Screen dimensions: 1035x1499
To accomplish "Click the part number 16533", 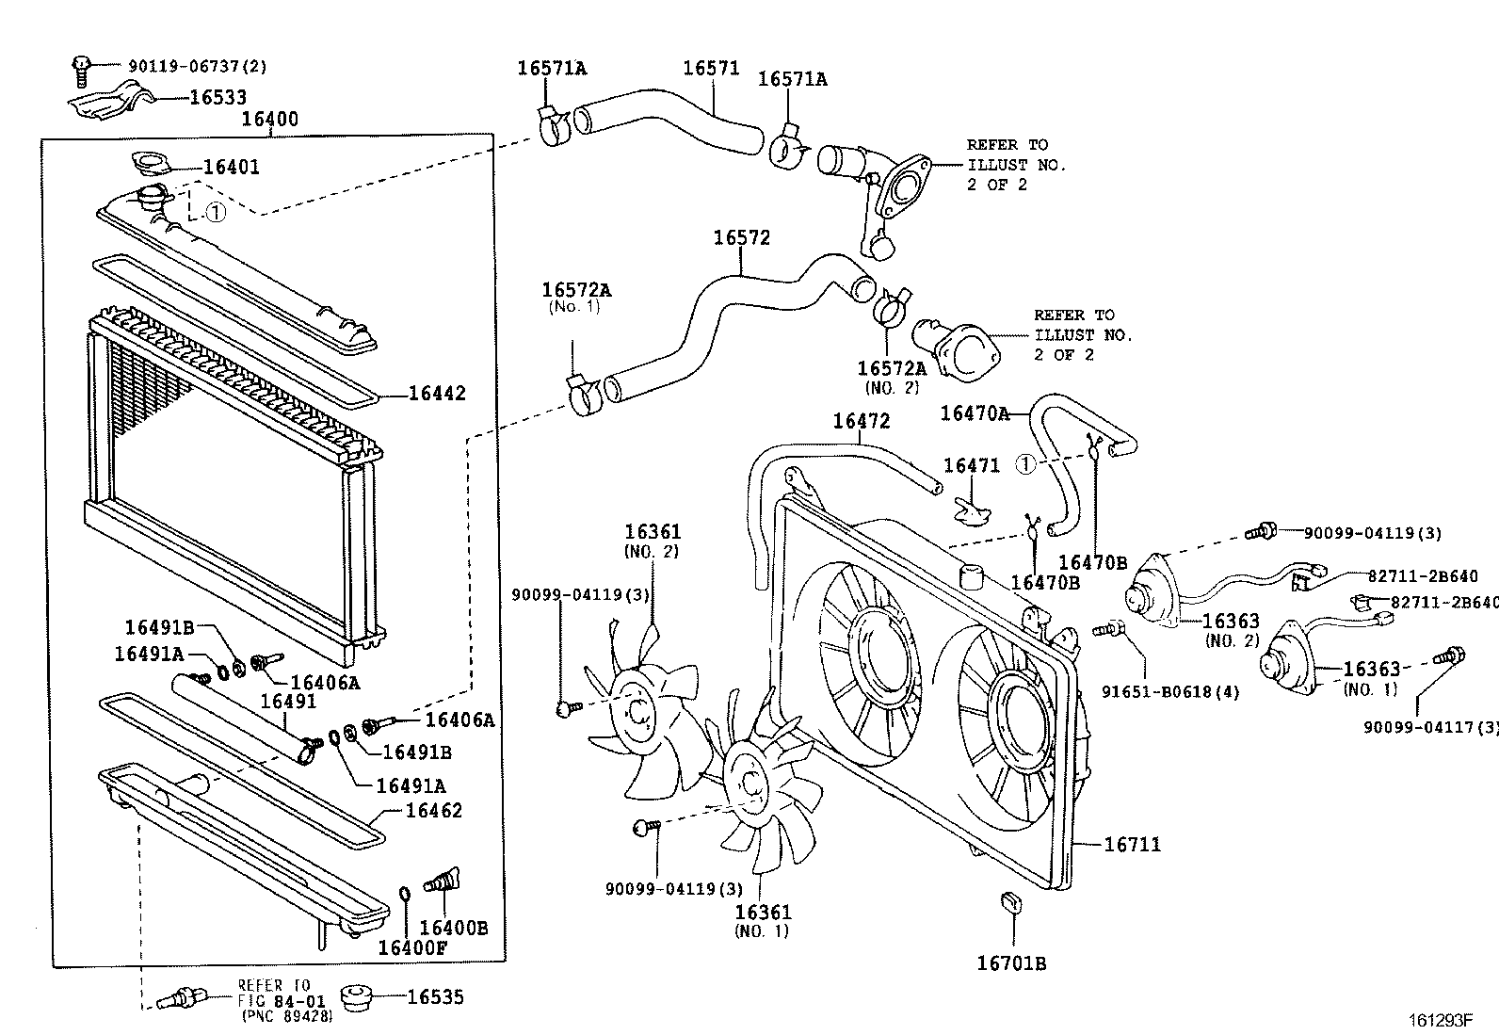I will [x=218, y=97].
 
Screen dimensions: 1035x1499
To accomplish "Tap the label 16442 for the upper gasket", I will [x=437, y=394].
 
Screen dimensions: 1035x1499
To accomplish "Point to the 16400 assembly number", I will [x=269, y=120].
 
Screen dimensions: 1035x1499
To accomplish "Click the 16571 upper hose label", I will [x=711, y=68].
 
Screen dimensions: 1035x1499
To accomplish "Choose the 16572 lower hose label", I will [x=741, y=237].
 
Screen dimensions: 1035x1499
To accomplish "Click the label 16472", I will [x=861, y=421].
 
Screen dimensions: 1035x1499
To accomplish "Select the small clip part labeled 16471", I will [x=973, y=510].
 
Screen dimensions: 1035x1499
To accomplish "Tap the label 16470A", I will [x=975, y=412].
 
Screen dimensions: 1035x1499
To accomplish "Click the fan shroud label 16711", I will [x=1132, y=845].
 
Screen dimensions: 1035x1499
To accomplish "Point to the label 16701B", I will [x=1011, y=963].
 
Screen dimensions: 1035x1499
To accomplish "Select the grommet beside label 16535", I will [x=360, y=997].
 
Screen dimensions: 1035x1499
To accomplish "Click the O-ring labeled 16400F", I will [x=404, y=893].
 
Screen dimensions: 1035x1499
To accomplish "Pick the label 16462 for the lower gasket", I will [x=434, y=810].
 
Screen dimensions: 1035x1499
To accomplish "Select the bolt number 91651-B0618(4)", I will [x=1170, y=692].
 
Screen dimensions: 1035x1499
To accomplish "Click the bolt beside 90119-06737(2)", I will [x=81, y=68].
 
